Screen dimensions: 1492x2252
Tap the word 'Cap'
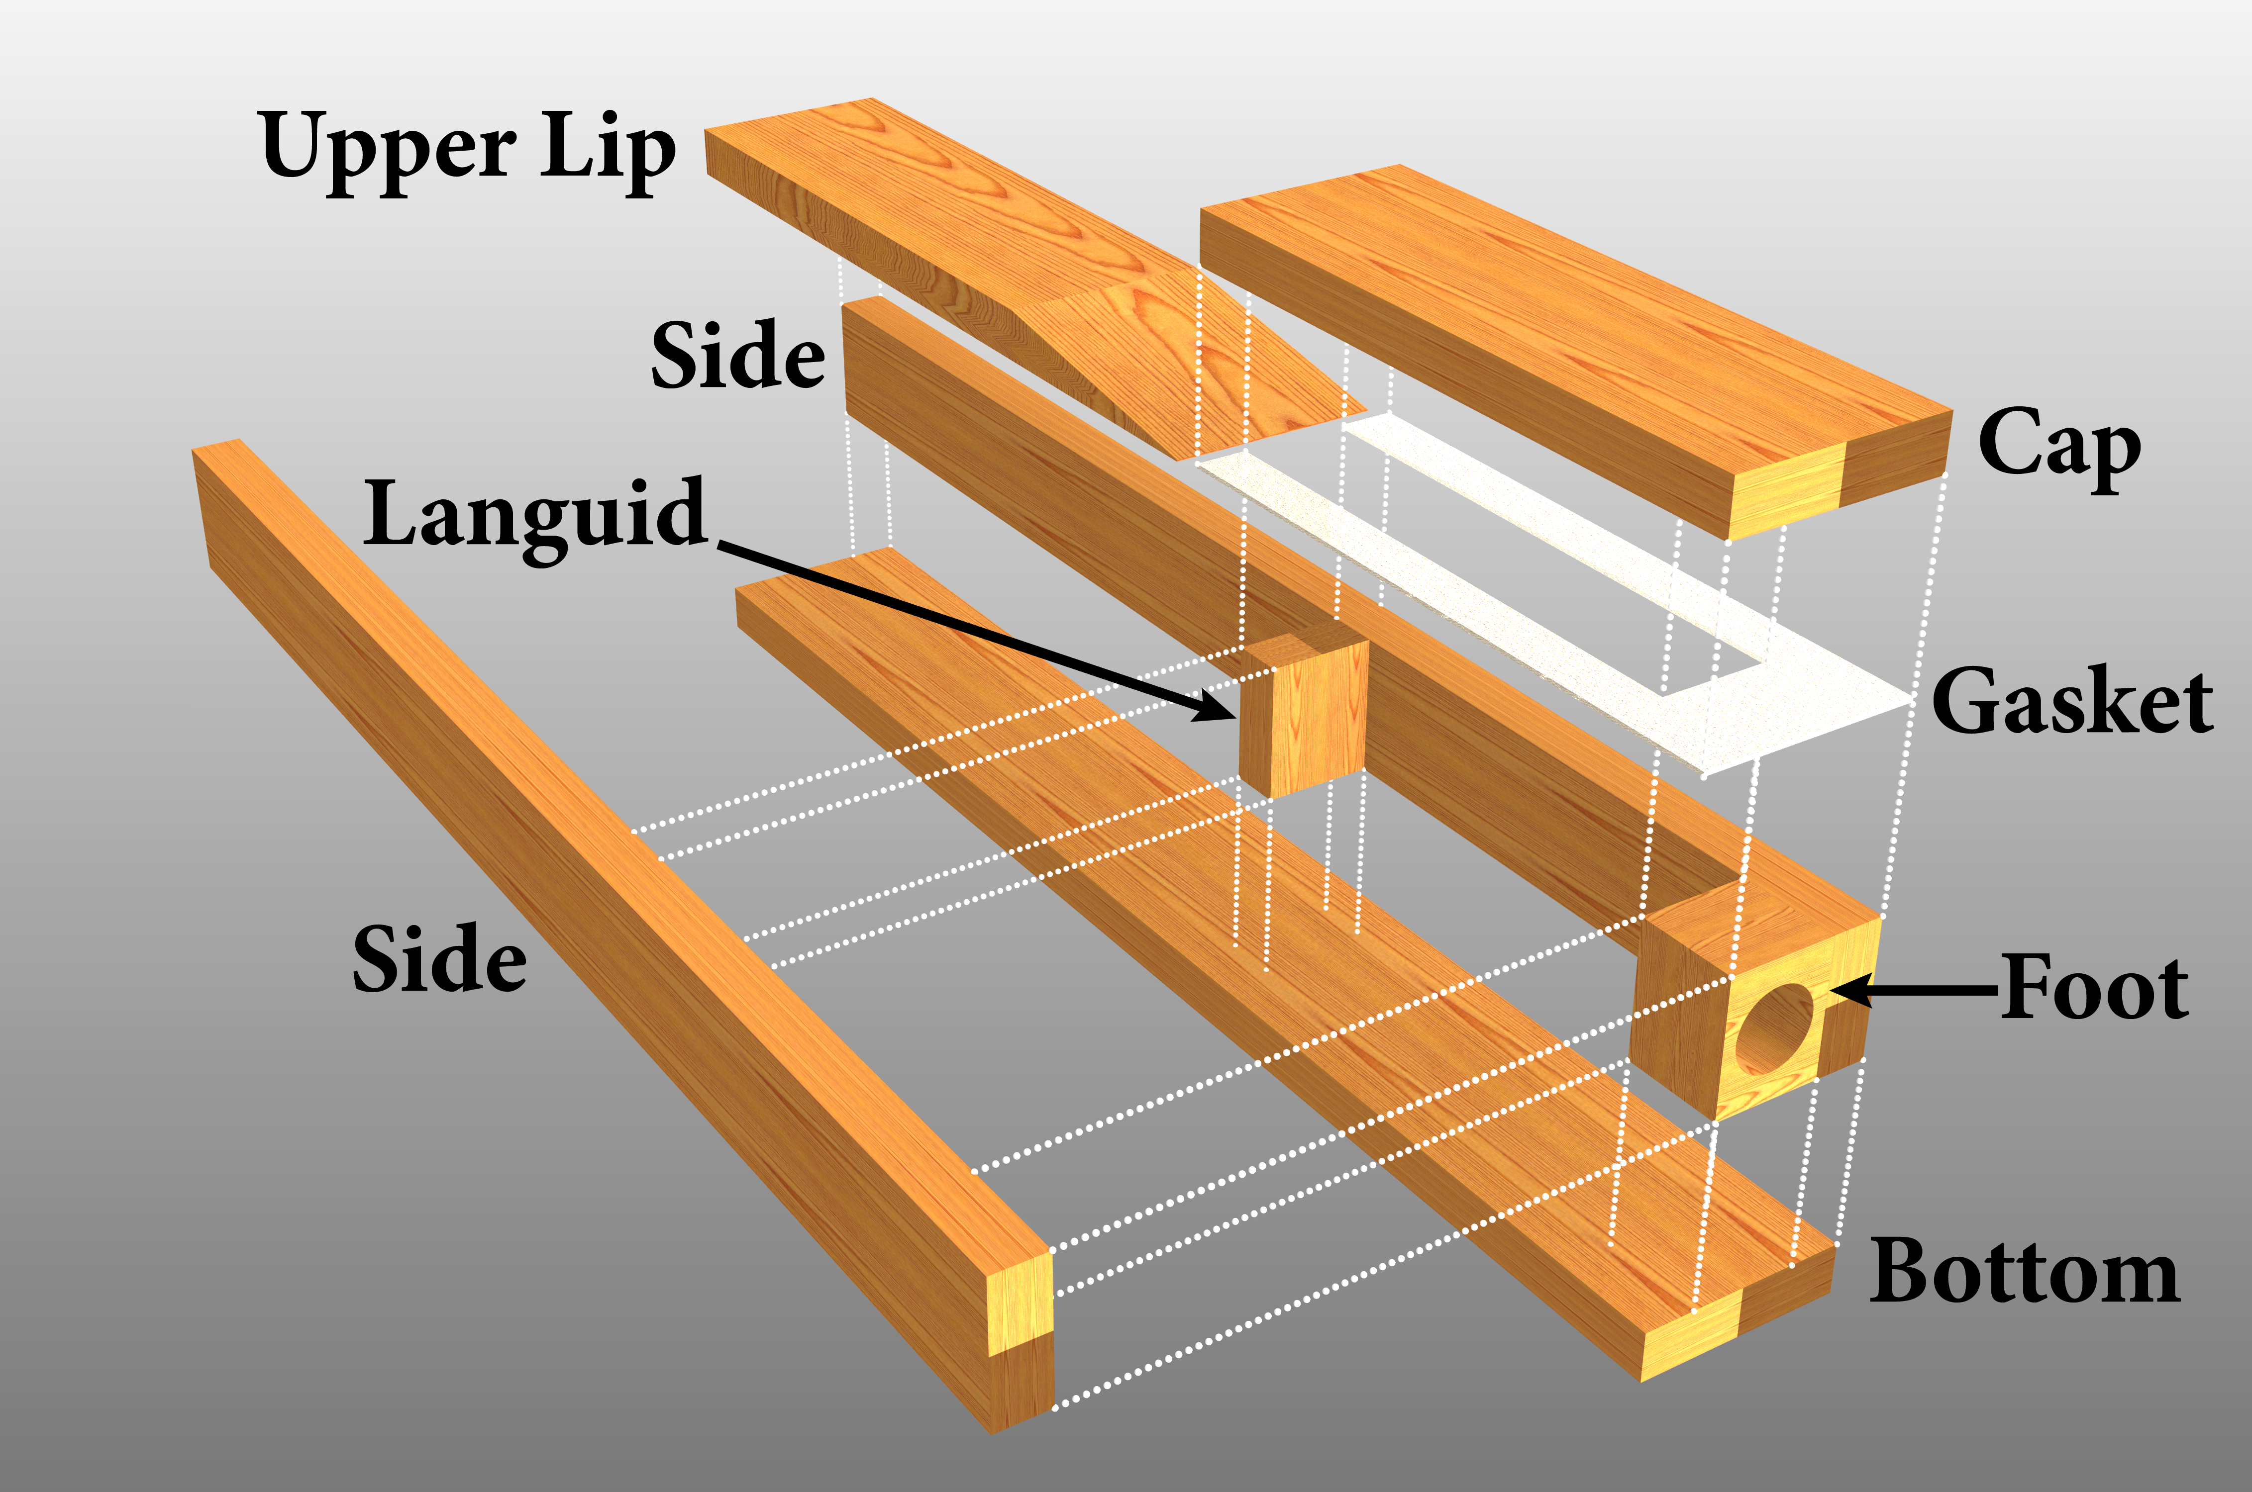click(2059, 444)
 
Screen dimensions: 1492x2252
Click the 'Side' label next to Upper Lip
click(738, 355)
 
